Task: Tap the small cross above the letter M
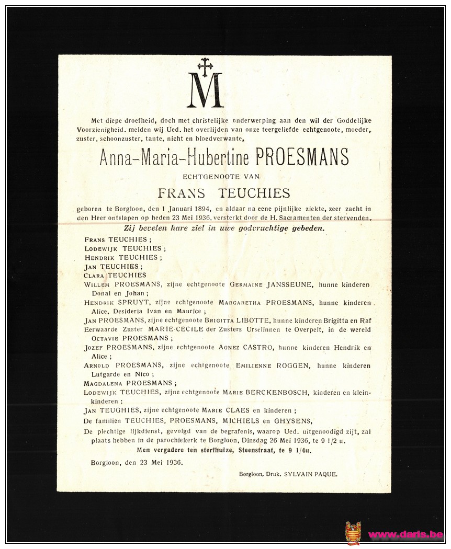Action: [205, 65]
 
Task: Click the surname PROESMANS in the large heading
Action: [302, 157]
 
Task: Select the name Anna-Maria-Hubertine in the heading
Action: [175, 157]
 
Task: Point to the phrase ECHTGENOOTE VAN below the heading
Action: [221, 177]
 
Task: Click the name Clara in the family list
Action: [94, 276]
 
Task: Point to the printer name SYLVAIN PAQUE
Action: [311, 474]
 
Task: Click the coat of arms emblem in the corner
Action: [353, 533]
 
